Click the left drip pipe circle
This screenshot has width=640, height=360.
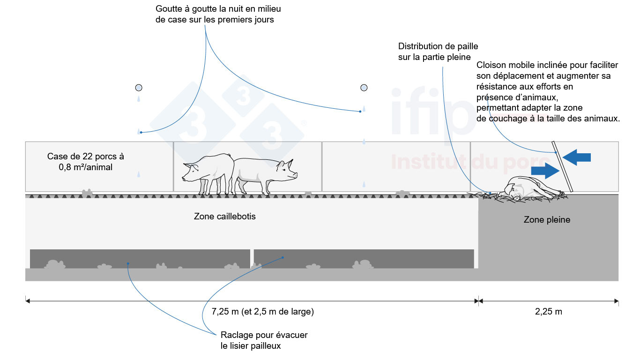coord(139,88)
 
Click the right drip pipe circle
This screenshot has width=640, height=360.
coord(364,88)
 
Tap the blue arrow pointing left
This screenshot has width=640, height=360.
coord(577,157)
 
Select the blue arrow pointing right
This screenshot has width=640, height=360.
coord(545,171)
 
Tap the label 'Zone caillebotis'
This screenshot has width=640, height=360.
coord(225,216)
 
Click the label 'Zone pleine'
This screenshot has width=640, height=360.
coord(547,219)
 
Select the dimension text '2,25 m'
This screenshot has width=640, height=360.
coord(549,311)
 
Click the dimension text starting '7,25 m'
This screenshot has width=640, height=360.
coord(262,311)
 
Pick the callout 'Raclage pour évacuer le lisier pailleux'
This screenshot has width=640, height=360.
coord(264,340)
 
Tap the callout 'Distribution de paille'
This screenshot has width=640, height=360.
coord(438,46)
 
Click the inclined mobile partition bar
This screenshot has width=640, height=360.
coord(562,167)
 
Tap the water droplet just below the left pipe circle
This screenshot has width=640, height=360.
coord(139,99)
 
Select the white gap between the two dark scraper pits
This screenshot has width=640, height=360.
coord(252,259)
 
